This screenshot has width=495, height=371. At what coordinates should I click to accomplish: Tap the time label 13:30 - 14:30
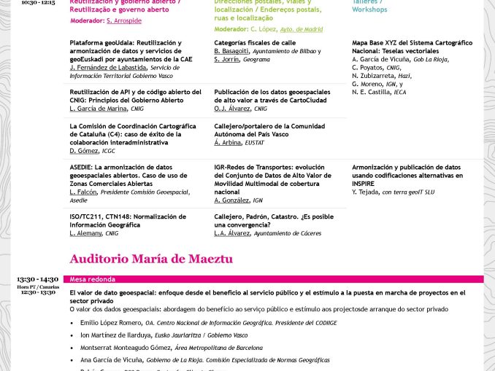(x=37, y=279)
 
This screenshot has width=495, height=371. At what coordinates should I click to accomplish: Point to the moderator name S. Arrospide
(x=124, y=21)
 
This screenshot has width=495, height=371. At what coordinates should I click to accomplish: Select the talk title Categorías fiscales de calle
(x=254, y=43)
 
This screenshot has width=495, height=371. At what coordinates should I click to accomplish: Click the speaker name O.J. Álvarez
(x=232, y=109)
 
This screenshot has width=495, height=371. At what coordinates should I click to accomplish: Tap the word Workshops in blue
(x=369, y=10)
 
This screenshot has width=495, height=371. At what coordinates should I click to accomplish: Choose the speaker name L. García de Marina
(x=99, y=109)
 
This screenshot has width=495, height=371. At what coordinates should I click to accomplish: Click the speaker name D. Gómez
(x=84, y=151)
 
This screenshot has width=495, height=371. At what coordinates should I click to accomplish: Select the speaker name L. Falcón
(x=83, y=192)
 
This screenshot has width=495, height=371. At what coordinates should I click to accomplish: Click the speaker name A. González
(x=231, y=200)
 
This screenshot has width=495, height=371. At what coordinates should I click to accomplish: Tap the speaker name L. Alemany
(x=86, y=233)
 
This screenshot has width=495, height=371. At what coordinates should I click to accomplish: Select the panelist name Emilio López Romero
(x=111, y=322)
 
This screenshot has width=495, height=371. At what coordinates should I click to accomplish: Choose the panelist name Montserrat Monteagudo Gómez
(x=126, y=347)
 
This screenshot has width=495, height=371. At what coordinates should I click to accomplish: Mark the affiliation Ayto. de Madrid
(x=302, y=29)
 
